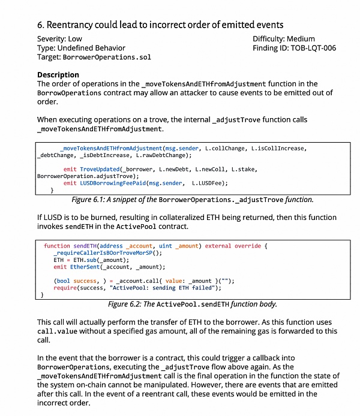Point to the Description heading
[58, 75]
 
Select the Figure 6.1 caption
[192, 200]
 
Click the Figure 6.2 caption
[192, 304]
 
